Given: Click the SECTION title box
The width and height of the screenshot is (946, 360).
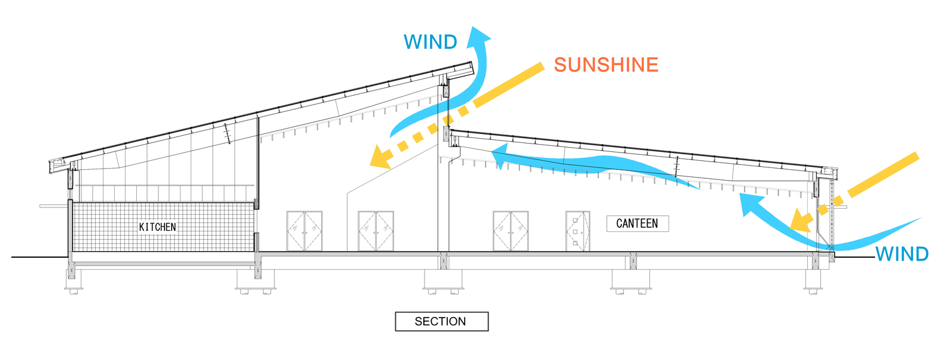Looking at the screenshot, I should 441,321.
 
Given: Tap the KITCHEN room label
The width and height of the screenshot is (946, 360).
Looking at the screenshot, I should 157,227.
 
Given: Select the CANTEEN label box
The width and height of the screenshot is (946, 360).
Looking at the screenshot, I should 637,224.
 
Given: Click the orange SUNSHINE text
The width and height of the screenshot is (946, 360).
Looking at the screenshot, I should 606,65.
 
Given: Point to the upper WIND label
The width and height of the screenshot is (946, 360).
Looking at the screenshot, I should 430,42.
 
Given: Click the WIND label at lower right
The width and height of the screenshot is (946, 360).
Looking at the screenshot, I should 902,254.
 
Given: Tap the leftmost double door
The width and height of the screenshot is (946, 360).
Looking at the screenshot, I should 304,231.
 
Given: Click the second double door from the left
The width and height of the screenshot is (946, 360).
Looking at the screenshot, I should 376,231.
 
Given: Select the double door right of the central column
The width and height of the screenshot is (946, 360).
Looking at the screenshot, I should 511,231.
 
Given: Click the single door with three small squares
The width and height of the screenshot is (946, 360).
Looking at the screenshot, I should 578,231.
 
